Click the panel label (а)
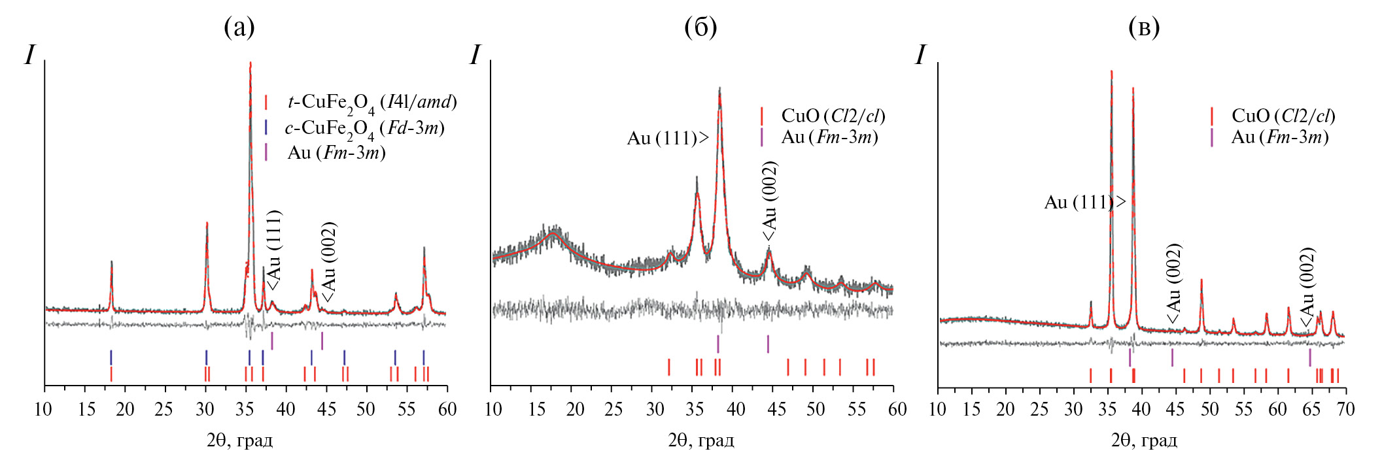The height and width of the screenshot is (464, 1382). (239, 27)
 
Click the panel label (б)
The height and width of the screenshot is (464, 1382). (700, 27)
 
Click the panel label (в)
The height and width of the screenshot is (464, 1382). (1144, 27)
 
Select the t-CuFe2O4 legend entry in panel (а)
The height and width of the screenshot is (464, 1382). (371, 103)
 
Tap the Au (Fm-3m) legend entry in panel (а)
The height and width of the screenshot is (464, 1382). (336, 153)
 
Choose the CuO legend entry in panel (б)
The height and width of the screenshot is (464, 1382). (833, 116)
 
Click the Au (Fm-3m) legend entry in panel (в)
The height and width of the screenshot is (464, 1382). (1279, 137)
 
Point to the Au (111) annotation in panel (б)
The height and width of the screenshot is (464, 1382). (667, 139)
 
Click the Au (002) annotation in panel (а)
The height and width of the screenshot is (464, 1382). (328, 261)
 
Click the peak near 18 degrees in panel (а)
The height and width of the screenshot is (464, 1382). (111, 263)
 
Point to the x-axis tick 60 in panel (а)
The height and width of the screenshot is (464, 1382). (447, 410)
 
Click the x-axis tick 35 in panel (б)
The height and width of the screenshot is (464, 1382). (695, 410)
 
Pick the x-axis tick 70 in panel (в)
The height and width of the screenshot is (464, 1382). (1345, 410)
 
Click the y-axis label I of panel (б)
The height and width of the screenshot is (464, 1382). (475, 56)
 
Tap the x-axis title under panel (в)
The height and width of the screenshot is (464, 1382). (1144, 440)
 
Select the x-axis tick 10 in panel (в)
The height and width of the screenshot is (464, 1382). (937, 410)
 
